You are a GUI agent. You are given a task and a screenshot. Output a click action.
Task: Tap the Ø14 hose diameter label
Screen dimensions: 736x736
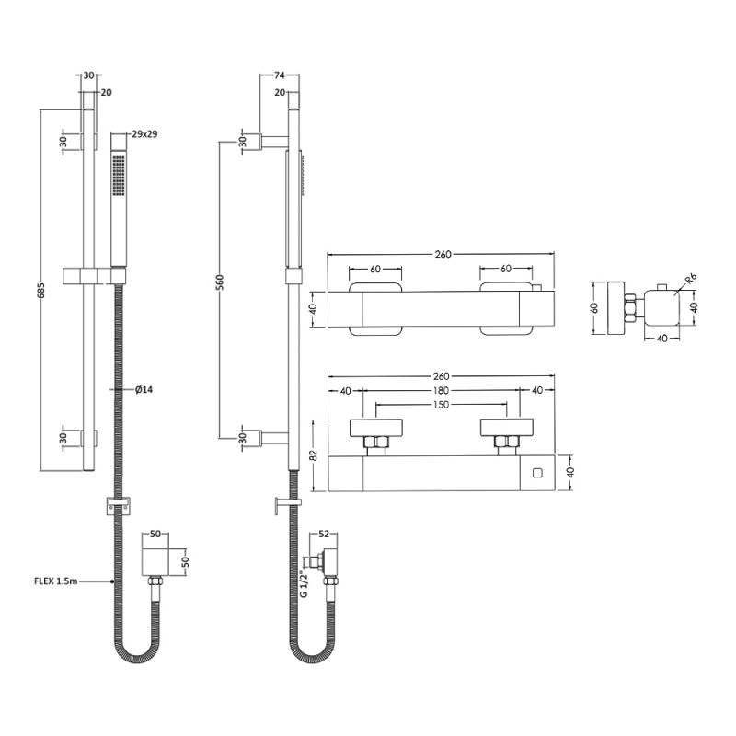pyautogui.click(x=144, y=390)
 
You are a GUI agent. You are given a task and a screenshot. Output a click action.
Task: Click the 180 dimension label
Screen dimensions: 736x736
pyautogui.click(x=443, y=391)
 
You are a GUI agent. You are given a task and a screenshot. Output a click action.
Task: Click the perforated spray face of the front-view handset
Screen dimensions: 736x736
pyautogui.click(x=118, y=175)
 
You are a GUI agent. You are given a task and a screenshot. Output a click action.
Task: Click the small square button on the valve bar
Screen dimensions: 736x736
pyautogui.click(x=538, y=475)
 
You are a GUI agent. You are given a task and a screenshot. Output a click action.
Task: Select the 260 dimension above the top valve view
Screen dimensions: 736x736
pyautogui.click(x=443, y=255)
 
